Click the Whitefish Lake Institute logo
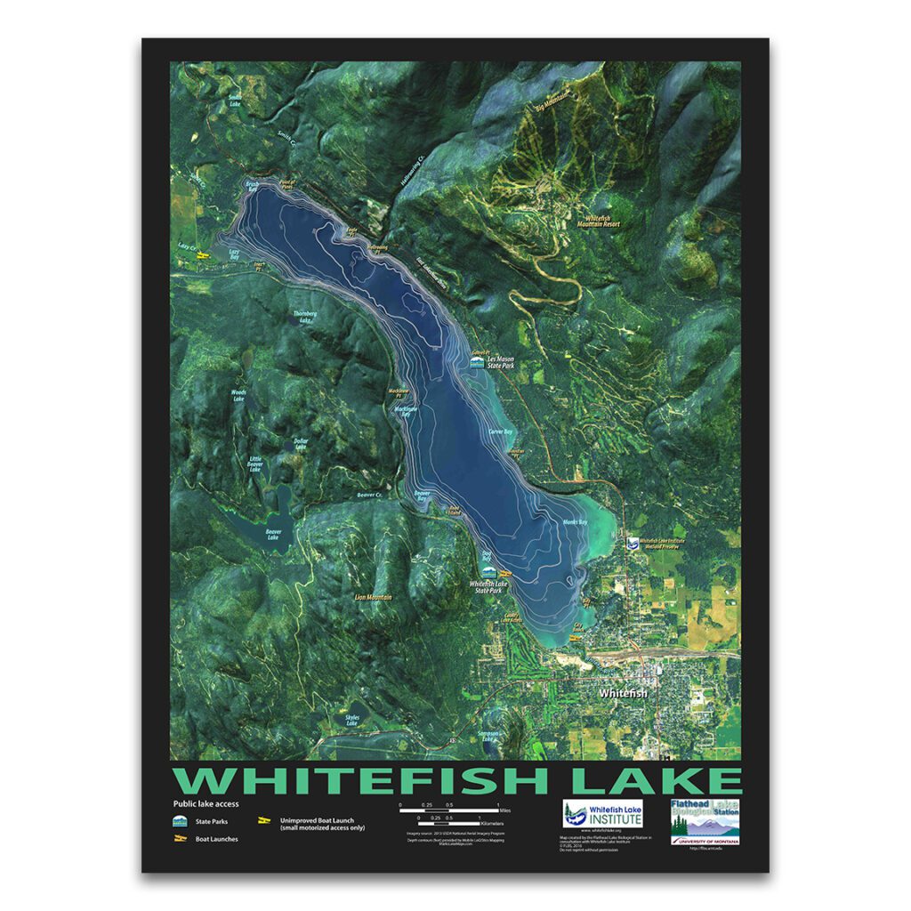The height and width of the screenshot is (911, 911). click(x=602, y=814)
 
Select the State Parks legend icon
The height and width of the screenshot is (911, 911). click(x=180, y=820)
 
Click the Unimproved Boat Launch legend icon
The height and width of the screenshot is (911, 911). click(x=263, y=819)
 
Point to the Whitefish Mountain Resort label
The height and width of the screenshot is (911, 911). click(x=603, y=222)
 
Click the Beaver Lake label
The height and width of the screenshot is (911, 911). click(x=272, y=536)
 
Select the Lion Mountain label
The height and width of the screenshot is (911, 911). click(x=373, y=597)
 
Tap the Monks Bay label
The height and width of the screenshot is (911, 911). click(x=576, y=522)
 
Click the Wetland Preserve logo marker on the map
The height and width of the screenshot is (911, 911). click(x=631, y=542)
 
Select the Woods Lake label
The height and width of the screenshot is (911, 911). click(x=238, y=395)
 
